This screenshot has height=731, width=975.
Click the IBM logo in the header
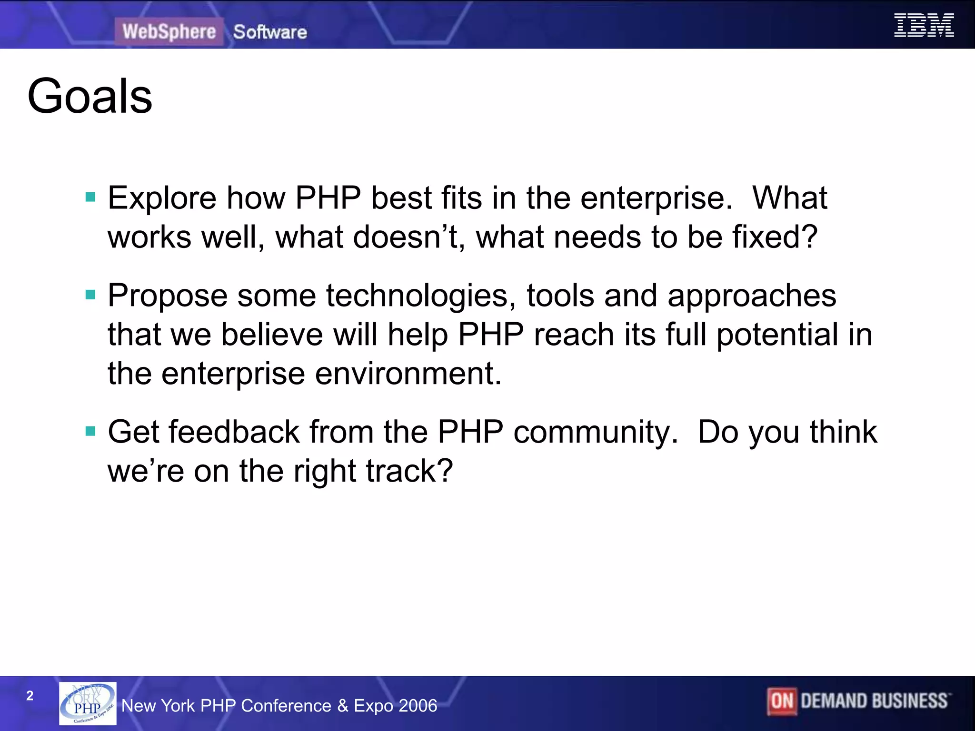924,25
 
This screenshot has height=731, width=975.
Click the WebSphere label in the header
169,32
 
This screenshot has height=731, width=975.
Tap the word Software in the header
270,32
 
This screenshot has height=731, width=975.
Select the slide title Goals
90,96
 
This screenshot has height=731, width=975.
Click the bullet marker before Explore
90,197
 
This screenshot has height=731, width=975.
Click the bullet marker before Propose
90,295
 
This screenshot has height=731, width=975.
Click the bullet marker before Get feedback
90,431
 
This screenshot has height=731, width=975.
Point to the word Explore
162,198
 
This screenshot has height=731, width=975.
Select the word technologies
421,296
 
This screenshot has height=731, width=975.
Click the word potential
777,335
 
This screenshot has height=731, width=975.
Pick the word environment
408,374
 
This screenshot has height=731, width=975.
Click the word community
595,433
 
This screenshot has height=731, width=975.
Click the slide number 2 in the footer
30,696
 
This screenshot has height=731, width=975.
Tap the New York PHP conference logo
88,703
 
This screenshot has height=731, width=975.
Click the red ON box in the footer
782,701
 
